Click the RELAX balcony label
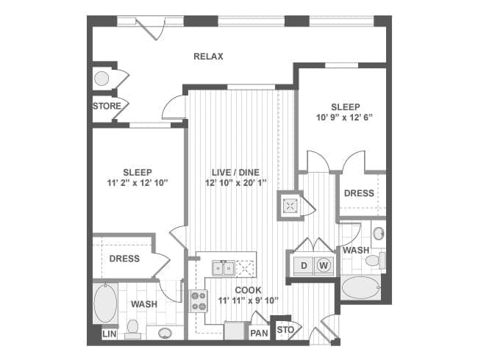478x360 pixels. (209, 57)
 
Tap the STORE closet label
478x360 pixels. (107, 107)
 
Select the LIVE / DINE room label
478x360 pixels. (235, 173)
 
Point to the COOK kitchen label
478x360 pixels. (248, 290)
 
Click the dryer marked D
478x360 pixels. (304, 266)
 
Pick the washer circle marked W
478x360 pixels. (324, 265)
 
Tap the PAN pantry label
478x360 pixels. (259, 334)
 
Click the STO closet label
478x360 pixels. (285, 330)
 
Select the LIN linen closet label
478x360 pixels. (110, 334)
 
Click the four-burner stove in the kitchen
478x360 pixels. (199, 301)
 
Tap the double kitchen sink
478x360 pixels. (224, 268)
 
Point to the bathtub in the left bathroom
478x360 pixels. (105, 303)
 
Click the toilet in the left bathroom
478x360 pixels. (133, 329)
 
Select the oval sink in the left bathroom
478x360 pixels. (165, 333)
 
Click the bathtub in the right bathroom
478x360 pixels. (360, 288)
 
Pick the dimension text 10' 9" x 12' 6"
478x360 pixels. (345, 118)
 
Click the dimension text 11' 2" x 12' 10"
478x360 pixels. (138, 183)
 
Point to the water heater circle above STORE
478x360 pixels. (101, 79)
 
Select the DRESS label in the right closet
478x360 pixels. (359, 193)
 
